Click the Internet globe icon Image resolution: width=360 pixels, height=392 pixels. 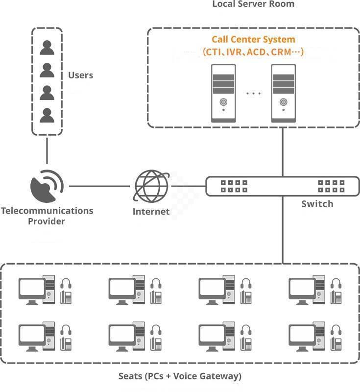point(151,187)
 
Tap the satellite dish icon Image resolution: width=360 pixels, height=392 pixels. point(47,187)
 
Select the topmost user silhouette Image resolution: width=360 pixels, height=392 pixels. point(47,48)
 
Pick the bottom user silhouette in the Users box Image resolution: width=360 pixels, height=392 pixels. point(47,115)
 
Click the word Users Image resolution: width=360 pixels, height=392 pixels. point(81,75)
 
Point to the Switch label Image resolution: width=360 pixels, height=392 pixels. point(317,203)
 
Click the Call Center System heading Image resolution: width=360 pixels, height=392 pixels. point(253,40)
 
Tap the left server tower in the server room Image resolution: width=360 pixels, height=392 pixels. point(223,93)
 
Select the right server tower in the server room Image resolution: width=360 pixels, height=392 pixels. point(284,93)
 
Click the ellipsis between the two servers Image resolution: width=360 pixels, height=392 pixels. point(253,94)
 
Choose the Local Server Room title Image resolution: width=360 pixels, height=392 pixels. point(253,4)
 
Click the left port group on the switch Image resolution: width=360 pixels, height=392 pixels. point(234,186)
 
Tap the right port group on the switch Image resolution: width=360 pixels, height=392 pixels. point(331,186)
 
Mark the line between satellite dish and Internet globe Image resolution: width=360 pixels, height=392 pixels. point(100,186)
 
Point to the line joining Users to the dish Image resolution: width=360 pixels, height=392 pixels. point(47,150)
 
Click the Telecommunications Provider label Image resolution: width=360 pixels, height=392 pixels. point(47,216)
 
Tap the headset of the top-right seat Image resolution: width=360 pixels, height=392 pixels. point(336,284)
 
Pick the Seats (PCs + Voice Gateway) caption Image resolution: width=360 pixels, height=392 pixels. point(180,376)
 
